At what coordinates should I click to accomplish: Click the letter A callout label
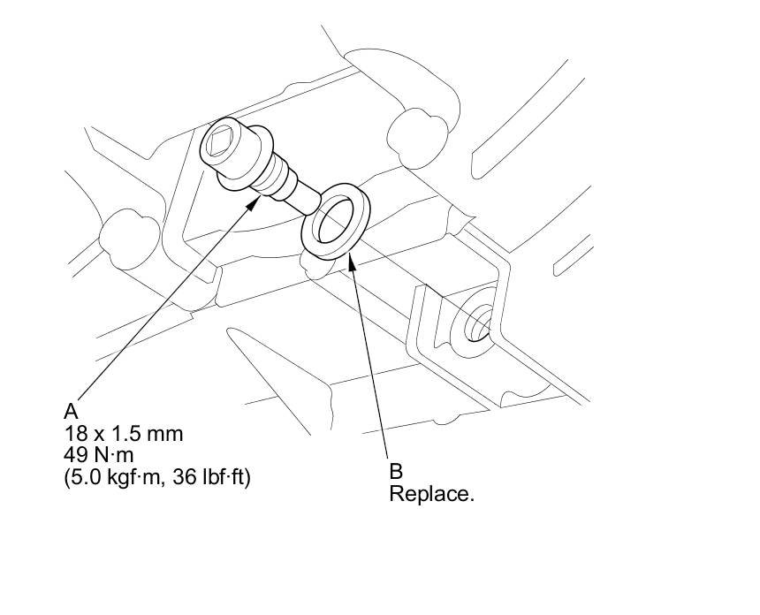click(72, 412)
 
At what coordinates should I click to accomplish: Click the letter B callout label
click(396, 472)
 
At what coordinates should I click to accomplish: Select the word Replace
click(431, 494)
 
